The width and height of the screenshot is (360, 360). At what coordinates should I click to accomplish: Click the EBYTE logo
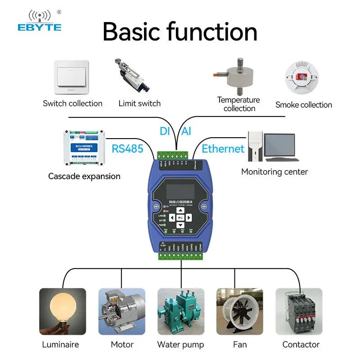pos(39,21)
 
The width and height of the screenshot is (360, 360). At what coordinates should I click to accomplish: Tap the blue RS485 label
pos(127,148)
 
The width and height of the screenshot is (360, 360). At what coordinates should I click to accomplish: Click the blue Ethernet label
pos(223,149)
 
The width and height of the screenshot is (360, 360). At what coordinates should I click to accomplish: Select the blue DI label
pos(165,131)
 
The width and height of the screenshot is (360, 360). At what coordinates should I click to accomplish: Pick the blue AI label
pos(186,131)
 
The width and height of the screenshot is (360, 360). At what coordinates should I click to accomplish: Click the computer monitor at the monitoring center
pos(279,147)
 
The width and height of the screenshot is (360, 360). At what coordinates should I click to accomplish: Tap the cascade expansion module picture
pos(85,147)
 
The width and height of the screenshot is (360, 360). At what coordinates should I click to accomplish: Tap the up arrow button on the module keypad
pos(180,210)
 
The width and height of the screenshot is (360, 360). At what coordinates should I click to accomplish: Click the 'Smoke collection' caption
pos(304,105)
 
